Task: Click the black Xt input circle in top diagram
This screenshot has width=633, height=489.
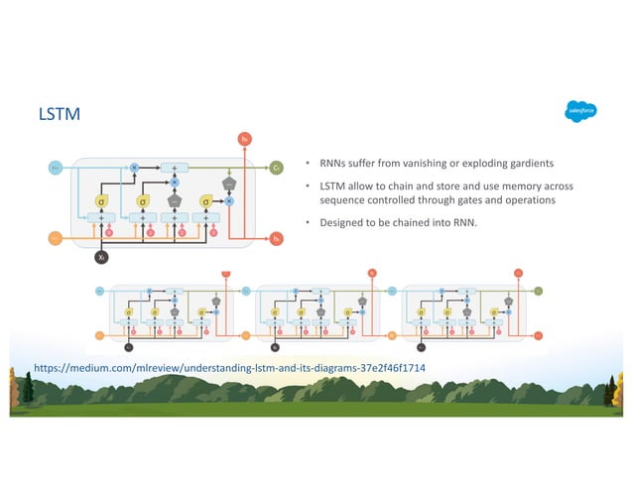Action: tap(101, 257)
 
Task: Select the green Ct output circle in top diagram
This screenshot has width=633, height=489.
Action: tap(277, 168)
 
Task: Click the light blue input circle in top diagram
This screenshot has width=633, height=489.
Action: tap(56, 169)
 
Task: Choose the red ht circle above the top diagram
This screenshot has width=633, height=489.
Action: tap(244, 139)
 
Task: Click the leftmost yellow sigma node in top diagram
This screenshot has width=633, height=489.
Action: tap(101, 201)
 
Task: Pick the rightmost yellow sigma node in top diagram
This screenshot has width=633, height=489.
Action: tap(206, 201)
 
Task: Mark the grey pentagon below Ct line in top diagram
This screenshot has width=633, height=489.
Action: tap(229, 183)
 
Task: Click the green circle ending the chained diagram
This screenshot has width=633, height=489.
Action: tap(538, 292)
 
